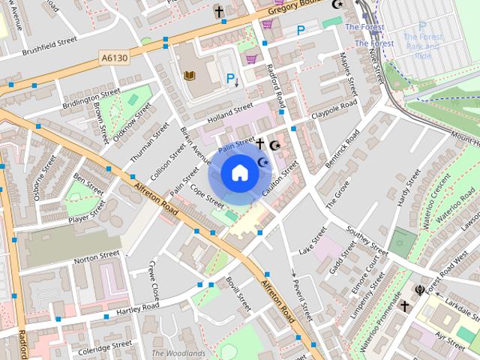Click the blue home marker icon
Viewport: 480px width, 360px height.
coord(239,173)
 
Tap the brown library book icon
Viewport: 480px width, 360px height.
coord(190,76)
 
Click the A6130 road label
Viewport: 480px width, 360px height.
coord(113,58)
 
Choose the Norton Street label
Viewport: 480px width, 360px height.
coord(97,257)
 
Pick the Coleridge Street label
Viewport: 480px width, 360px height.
coord(106,346)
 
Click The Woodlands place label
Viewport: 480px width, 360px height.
coord(178,353)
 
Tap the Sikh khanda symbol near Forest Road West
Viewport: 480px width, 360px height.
coord(419,290)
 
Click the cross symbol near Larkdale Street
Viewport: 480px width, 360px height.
coord(404,306)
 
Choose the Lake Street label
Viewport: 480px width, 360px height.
coord(313,240)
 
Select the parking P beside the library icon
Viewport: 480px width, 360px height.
coord(231,77)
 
